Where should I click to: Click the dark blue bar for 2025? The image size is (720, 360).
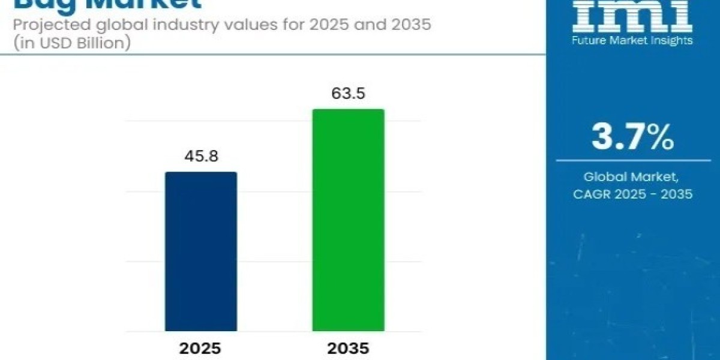point(201,251)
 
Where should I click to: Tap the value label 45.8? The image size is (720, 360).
point(201,157)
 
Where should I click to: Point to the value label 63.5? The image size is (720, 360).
point(348,94)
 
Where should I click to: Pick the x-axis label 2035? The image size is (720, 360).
point(348,349)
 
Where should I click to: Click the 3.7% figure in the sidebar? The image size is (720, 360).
point(632,137)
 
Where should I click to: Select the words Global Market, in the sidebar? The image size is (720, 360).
point(632,177)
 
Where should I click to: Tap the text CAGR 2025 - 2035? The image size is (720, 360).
point(632,194)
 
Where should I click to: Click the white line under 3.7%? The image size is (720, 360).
point(632,160)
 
